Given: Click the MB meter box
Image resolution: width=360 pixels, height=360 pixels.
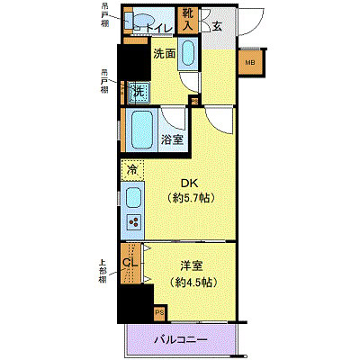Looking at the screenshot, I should tap(249, 62).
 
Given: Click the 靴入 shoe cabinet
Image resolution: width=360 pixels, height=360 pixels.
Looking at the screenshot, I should tap(188, 20).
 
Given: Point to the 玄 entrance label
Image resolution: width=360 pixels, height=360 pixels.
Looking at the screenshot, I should tap(217, 26).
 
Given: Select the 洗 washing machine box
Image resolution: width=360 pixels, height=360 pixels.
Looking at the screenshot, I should tap(139, 91).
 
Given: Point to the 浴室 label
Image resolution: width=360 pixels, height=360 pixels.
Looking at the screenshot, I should tap(173, 139).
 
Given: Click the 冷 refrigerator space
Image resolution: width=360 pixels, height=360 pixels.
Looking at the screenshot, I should tap(132, 169).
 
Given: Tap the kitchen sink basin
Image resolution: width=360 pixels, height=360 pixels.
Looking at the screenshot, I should tap(132, 197).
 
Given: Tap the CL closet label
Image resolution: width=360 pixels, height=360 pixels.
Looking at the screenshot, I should tap(130, 263).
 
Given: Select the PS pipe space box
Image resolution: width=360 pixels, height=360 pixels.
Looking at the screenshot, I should tap(159, 313).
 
